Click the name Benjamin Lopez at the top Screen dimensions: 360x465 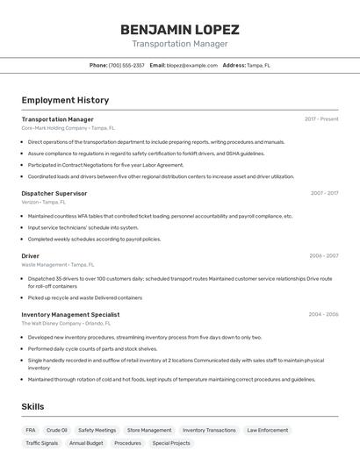coord(179,29)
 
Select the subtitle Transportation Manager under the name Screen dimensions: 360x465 coord(179,44)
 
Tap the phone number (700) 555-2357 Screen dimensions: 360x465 coord(126,65)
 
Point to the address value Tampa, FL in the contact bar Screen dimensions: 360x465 coord(258,65)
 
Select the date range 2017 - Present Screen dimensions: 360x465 coord(321,119)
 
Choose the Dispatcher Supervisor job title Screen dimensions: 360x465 coord(54,193)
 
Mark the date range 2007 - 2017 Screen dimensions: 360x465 coord(324,193)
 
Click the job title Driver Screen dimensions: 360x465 coord(31,256)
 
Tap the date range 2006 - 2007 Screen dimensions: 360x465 coord(324,256)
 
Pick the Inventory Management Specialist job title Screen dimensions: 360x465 coord(70,314)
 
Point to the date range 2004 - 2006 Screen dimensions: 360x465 coord(323,314)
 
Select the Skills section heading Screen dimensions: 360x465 coord(32,406)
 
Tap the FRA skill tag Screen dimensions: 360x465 coord(31,430)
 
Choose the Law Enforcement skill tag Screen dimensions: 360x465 coord(267,430)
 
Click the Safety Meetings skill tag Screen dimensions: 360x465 coord(97,430)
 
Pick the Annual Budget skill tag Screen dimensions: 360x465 coord(86,443)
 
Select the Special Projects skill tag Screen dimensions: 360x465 coord(171,443)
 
